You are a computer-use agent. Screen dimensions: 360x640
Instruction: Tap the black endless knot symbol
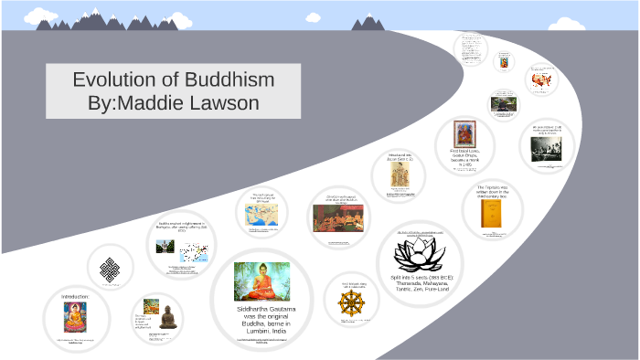(x=112, y=268)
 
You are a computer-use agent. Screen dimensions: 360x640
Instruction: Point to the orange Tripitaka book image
(x=491, y=212)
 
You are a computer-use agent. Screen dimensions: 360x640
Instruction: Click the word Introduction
(x=75, y=297)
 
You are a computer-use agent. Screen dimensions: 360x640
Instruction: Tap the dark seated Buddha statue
(x=167, y=314)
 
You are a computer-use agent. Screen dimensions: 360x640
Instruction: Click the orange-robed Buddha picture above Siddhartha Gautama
(x=261, y=281)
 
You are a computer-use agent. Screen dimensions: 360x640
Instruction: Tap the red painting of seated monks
(x=337, y=217)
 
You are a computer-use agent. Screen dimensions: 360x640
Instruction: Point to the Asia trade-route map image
(x=261, y=216)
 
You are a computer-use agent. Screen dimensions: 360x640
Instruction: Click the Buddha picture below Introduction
(x=75, y=318)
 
